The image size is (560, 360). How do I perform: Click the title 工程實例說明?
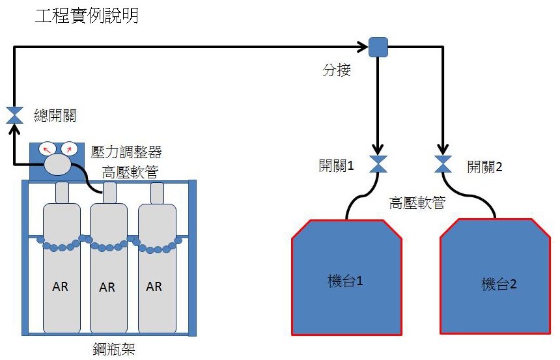(x=87, y=16)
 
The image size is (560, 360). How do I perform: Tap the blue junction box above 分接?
(x=378, y=47)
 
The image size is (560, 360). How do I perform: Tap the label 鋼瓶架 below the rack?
(x=113, y=349)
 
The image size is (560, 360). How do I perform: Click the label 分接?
(x=337, y=70)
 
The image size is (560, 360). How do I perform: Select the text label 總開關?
(x=55, y=117)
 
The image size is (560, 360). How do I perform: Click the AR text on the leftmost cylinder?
(x=61, y=286)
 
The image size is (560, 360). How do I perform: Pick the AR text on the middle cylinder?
(x=107, y=286)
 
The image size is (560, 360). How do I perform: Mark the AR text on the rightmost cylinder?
(x=154, y=286)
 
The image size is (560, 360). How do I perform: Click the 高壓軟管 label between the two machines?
(x=417, y=203)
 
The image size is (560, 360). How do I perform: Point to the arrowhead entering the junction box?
(x=364, y=47)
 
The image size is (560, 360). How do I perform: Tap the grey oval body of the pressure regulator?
(x=58, y=165)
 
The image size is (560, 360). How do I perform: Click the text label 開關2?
(x=485, y=166)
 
